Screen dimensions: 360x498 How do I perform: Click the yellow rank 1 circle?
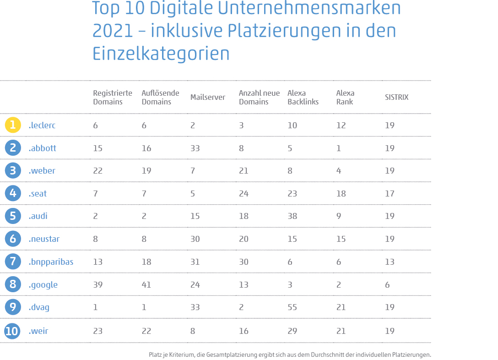coord(13,125)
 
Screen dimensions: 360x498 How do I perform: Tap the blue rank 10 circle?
coord(13,330)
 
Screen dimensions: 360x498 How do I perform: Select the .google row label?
coord(43,285)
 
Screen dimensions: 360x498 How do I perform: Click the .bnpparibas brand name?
coord(51,262)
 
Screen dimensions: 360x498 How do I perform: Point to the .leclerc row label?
coord(42,125)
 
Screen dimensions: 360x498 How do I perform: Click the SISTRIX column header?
coord(396,98)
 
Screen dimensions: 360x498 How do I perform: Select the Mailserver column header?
coord(207,98)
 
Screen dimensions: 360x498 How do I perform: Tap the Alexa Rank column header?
coord(345,98)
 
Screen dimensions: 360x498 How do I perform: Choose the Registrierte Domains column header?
coord(113,98)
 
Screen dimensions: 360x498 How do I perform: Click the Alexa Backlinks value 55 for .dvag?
coord(292,307)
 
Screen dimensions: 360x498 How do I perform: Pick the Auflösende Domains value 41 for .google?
coord(146,285)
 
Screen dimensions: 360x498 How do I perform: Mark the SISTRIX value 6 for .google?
coord(387,285)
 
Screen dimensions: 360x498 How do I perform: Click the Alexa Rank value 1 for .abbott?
coord(339,148)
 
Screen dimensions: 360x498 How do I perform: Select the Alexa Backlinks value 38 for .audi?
coord(292,216)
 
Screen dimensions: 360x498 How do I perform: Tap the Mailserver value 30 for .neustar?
coord(195,239)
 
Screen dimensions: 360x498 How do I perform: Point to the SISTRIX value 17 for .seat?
coord(390,194)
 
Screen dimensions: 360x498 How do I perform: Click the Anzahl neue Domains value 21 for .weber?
coord(244,171)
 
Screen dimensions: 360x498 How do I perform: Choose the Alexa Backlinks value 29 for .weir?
coord(292,330)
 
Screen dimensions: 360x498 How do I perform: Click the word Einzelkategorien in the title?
coord(161,54)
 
